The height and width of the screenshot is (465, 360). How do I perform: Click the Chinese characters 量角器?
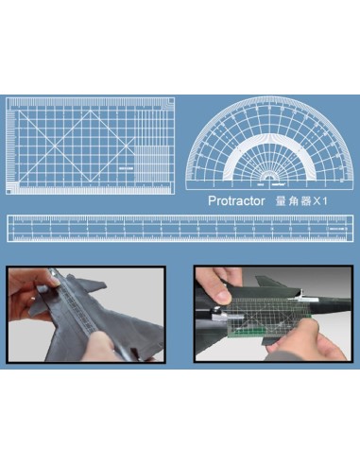point(293,201)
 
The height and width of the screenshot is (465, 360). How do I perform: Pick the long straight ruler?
point(180,228)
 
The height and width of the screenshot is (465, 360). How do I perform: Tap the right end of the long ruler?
point(351,228)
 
